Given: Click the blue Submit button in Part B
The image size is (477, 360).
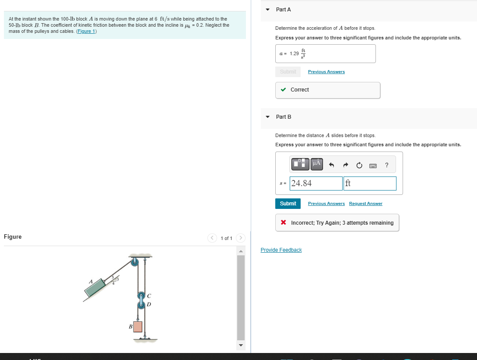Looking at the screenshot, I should (288, 204).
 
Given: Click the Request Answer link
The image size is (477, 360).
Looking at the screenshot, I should (365, 204).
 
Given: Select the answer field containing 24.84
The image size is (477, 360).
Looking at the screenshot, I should (316, 184).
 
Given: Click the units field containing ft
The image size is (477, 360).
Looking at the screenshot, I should (370, 184).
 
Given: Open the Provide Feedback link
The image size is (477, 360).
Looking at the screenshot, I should (281, 250).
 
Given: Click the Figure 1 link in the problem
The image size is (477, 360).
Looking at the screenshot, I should (87, 32).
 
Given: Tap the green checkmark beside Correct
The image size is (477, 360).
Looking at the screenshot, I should (284, 90).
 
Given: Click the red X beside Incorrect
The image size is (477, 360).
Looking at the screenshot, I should (284, 223).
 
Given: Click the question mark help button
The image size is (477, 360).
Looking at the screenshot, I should (386, 165).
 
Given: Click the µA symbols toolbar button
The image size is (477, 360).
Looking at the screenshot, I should (316, 164).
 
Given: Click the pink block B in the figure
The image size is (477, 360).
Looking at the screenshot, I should (138, 326).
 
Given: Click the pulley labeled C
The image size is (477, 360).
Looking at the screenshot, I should (141, 296).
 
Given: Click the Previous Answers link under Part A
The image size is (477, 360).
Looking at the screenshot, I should (326, 72).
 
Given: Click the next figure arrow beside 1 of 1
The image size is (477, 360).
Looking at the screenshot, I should (240, 238).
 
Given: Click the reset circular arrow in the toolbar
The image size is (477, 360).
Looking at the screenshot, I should (359, 165).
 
